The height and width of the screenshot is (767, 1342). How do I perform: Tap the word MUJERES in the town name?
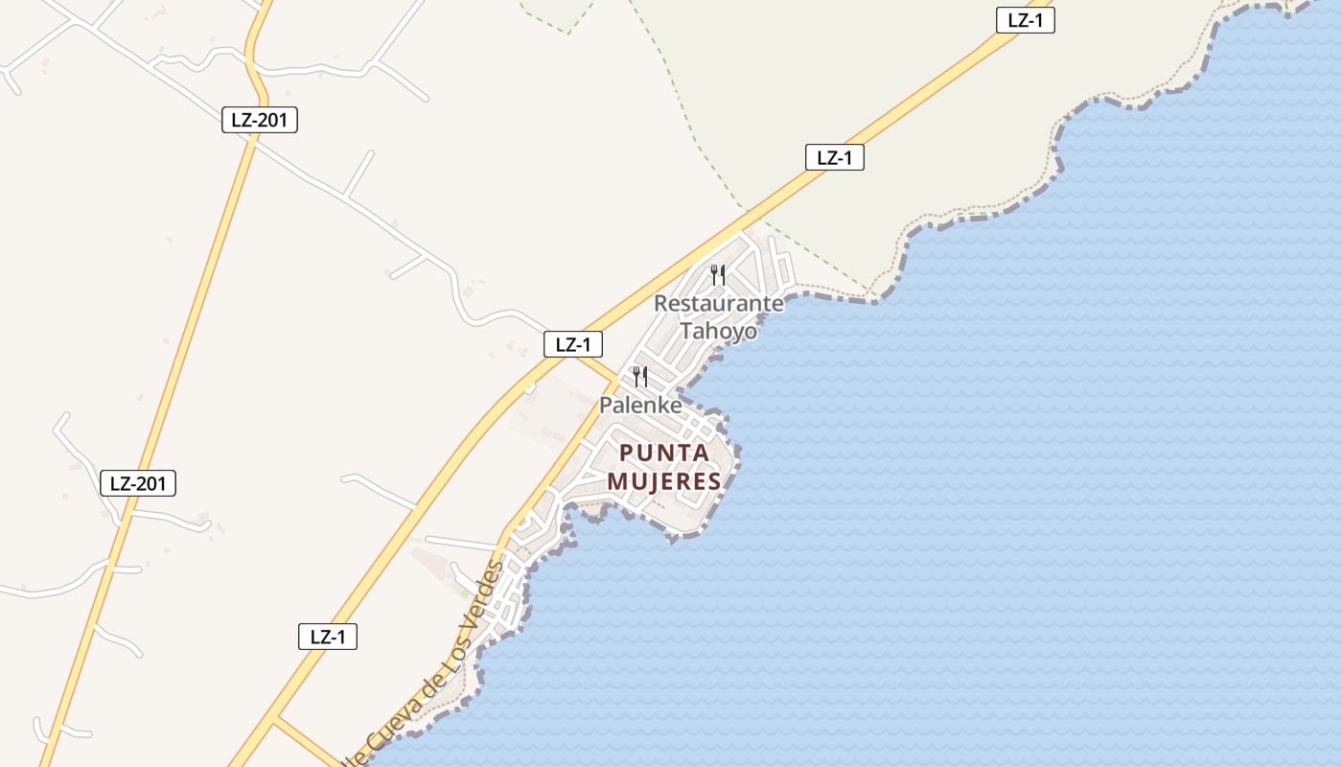(x=664, y=481)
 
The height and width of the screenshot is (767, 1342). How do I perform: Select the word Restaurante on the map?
(x=718, y=304)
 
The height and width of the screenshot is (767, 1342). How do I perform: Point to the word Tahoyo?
(x=718, y=331)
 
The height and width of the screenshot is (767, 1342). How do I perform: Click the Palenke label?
(x=640, y=406)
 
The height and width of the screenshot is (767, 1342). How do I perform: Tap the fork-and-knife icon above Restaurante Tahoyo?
(x=718, y=275)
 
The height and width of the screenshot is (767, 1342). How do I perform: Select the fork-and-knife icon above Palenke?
(x=640, y=376)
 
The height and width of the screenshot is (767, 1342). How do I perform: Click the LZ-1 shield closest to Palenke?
(x=573, y=344)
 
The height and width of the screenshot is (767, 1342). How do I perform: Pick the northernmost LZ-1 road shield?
(x=1025, y=20)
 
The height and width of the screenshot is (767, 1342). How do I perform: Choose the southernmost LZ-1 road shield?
(x=328, y=636)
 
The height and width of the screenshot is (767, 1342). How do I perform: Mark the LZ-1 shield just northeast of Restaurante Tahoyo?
(x=834, y=157)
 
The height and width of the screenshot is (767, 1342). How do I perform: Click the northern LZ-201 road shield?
(x=259, y=120)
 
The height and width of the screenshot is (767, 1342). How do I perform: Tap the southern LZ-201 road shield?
(x=138, y=483)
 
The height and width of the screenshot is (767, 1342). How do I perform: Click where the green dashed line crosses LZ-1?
(x=747, y=210)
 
